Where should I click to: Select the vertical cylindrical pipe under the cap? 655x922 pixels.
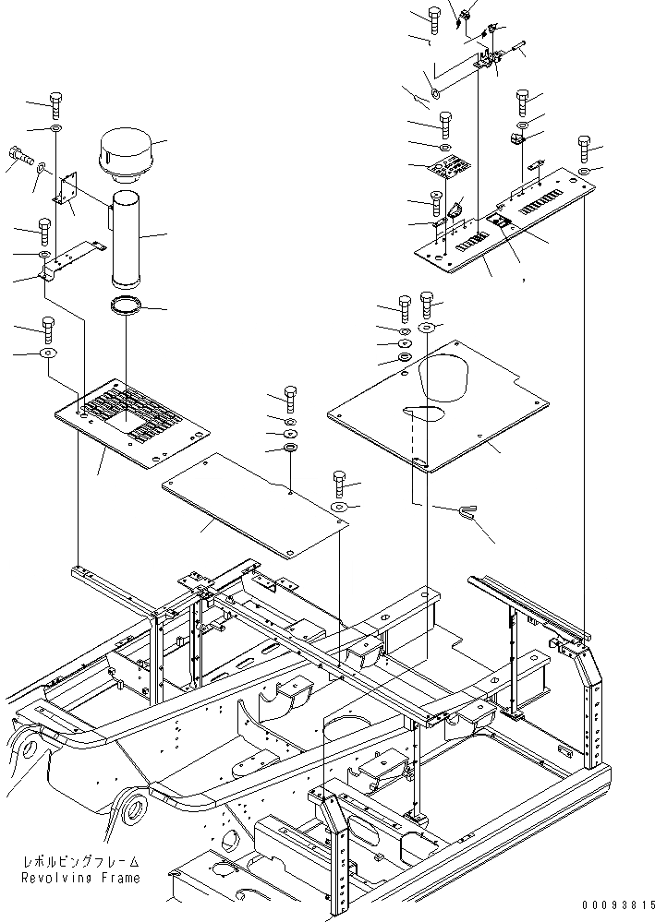tap(124, 238)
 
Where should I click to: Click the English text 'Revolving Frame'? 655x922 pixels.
tap(84, 878)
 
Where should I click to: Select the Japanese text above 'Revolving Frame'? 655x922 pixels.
tap(84, 861)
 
